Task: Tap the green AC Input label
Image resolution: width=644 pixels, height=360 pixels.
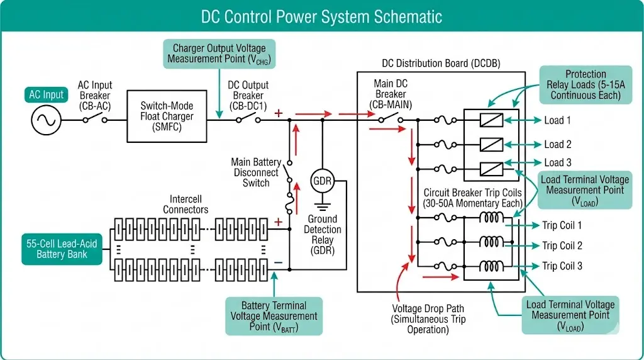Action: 46,95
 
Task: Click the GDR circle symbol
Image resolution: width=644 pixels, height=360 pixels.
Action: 322,181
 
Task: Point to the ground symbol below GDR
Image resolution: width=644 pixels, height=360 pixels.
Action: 322,205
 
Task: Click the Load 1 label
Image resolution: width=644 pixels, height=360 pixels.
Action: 557,120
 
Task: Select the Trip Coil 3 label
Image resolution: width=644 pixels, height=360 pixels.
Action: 562,266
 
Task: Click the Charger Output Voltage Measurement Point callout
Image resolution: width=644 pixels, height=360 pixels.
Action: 219,53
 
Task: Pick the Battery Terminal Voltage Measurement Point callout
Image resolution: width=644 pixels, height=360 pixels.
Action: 274,316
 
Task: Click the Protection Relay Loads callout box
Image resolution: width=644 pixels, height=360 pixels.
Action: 586,84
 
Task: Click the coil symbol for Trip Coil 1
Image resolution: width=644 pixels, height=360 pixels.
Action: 493,218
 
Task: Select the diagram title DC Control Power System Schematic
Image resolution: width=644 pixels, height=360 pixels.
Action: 321,17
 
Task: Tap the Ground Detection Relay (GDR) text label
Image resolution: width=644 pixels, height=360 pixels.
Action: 322,235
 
